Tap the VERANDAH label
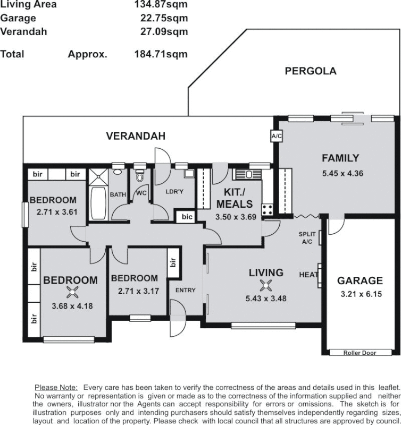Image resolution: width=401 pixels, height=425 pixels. pyautogui.click(x=136, y=136)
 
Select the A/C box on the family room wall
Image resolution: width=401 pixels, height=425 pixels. pyautogui.click(x=276, y=137)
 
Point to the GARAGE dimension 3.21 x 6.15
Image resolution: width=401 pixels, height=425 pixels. pyautogui.click(x=360, y=294)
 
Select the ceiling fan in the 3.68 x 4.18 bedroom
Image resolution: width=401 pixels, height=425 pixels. pyautogui.click(x=73, y=292)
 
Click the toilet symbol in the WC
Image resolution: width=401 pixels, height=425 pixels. pyautogui.click(x=140, y=176)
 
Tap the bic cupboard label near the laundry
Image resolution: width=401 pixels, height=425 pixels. pyautogui.click(x=186, y=217)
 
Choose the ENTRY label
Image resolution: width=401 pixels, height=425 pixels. pyautogui.click(x=186, y=290)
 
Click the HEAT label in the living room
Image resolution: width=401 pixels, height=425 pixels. pyautogui.click(x=308, y=275)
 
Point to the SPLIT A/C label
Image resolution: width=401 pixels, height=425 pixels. pyautogui.click(x=307, y=237)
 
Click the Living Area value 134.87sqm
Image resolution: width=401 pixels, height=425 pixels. pyautogui.click(x=161, y=5)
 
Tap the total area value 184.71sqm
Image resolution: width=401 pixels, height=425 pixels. pyautogui.click(x=161, y=54)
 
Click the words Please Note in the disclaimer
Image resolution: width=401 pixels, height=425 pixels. pyautogui.click(x=56, y=387)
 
